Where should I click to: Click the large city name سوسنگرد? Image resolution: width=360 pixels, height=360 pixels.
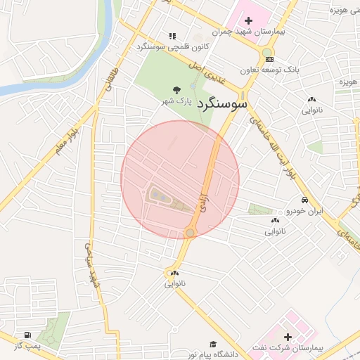[x=224, y=104]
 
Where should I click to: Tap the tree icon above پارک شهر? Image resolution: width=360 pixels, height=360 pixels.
[x=176, y=89]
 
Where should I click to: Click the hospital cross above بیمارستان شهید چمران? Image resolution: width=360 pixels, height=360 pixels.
[x=248, y=20]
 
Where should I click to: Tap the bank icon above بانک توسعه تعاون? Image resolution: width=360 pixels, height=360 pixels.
[x=270, y=58]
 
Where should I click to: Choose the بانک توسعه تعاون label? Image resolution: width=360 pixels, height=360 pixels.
[x=269, y=70]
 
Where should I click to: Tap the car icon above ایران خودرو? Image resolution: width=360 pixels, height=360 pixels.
[x=304, y=200]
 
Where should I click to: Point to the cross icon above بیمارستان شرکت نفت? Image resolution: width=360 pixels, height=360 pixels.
[x=288, y=337]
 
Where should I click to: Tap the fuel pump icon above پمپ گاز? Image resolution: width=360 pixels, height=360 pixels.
[x=27, y=335]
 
